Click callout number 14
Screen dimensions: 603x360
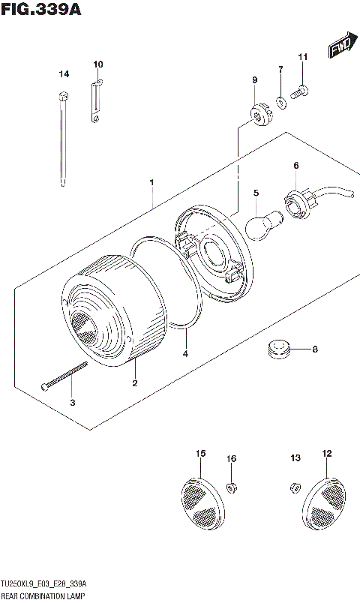[x=64, y=73]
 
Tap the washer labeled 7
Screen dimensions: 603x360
[x=280, y=102]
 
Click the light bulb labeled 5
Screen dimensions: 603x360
[x=264, y=223]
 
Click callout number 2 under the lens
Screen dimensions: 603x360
[x=135, y=384]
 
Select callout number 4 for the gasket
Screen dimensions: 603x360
[x=185, y=352]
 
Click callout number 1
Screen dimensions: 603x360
[x=151, y=182]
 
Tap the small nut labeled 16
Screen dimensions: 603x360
[x=232, y=487]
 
